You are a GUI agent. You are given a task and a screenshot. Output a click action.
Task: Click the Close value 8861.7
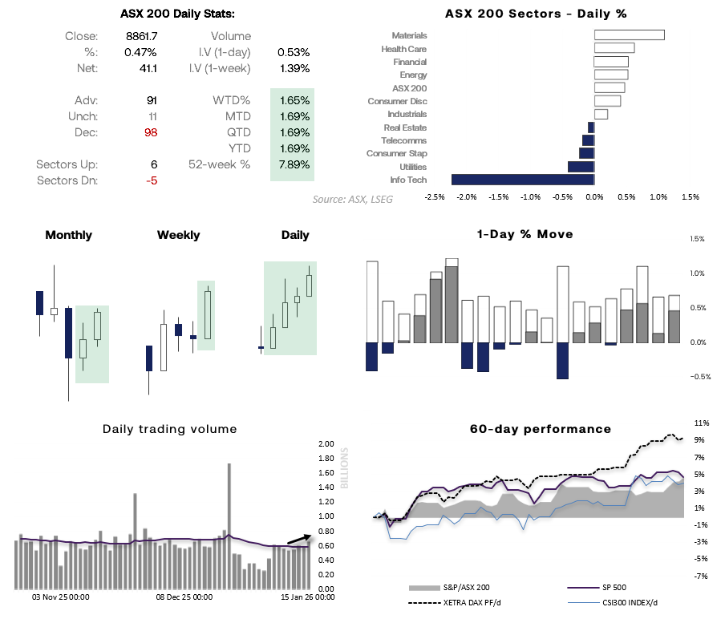(141, 36)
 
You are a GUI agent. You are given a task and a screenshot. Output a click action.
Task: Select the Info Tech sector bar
(522, 180)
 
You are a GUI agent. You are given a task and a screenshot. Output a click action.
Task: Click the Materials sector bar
(629, 34)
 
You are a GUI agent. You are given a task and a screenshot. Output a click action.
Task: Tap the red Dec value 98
(150, 132)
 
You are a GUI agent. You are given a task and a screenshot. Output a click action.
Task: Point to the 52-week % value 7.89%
(294, 164)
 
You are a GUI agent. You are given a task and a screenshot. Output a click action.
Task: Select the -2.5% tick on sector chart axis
(435, 196)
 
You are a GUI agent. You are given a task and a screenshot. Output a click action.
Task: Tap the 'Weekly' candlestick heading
(178, 235)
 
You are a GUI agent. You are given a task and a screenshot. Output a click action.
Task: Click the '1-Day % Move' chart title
(525, 234)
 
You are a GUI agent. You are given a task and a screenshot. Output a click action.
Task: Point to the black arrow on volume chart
(298, 539)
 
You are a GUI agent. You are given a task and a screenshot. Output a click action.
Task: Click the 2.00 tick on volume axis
(326, 444)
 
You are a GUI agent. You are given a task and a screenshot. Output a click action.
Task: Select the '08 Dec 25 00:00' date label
(184, 597)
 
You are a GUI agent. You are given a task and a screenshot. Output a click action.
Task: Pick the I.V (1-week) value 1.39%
(294, 68)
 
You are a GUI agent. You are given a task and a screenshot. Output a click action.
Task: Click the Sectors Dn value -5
(150, 180)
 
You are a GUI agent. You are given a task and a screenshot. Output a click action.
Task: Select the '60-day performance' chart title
(540, 429)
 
